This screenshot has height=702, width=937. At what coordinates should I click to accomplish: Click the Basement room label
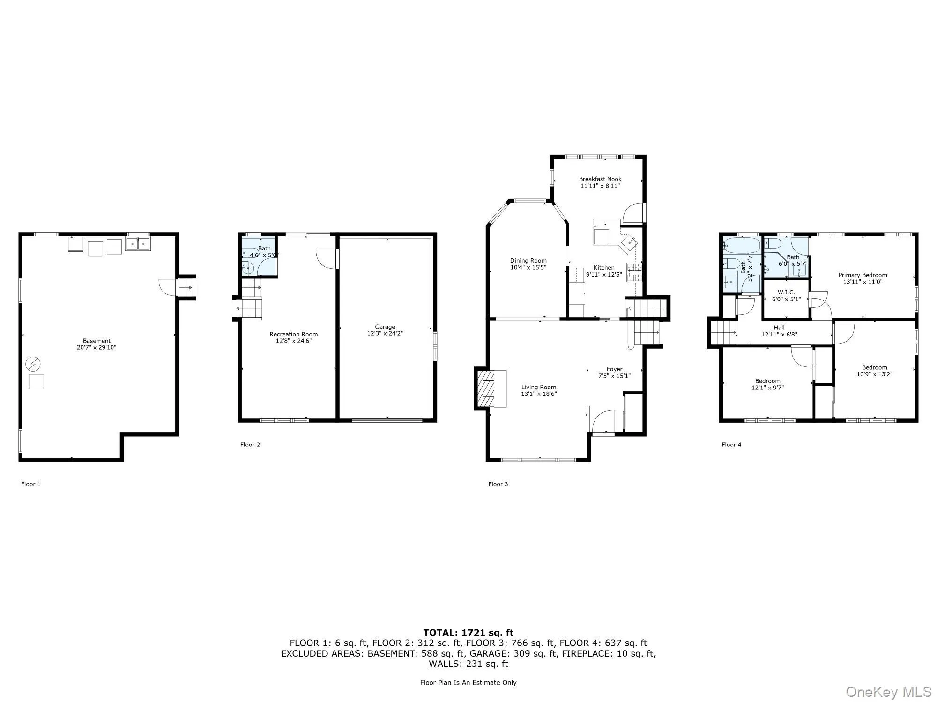pyautogui.click(x=97, y=341)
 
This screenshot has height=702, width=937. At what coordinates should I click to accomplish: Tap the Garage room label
pyautogui.click(x=385, y=327)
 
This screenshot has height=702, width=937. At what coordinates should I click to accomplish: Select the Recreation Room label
pyautogui.click(x=293, y=335)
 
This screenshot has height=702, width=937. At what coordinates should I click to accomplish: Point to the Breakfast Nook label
pyautogui.click(x=600, y=179)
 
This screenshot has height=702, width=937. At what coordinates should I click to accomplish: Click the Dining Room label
pyautogui.click(x=528, y=261)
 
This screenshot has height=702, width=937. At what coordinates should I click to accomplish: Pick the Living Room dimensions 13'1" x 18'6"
pyautogui.click(x=539, y=394)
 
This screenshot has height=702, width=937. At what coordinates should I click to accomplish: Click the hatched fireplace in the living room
pyautogui.click(x=488, y=389)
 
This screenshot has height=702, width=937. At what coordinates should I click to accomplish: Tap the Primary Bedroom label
pyautogui.click(x=863, y=275)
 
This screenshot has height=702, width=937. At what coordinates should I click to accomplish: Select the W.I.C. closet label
pyautogui.click(x=786, y=292)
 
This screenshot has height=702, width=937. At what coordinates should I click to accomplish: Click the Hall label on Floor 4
pyautogui.click(x=779, y=328)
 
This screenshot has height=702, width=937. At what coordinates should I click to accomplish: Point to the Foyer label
pyautogui.click(x=614, y=369)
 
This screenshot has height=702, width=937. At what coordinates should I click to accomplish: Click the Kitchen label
pyautogui.click(x=604, y=268)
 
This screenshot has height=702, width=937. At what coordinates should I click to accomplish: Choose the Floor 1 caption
pyautogui.click(x=31, y=484)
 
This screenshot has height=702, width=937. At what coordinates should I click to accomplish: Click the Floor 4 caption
pyautogui.click(x=731, y=445)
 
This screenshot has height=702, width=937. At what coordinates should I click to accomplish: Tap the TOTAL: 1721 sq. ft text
pyautogui.click(x=468, y=633)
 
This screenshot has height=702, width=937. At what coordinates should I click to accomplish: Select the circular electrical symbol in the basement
pyautogui.click(x=33, y=364)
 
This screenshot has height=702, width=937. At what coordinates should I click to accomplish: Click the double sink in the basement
pyautogui.click(x=138, y=244)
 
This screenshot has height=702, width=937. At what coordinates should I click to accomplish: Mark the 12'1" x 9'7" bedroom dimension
pyautogui.click(x=767, y=388)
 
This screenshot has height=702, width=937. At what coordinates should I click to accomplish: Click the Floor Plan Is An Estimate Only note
pyautogui.click(x=468, y=683)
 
